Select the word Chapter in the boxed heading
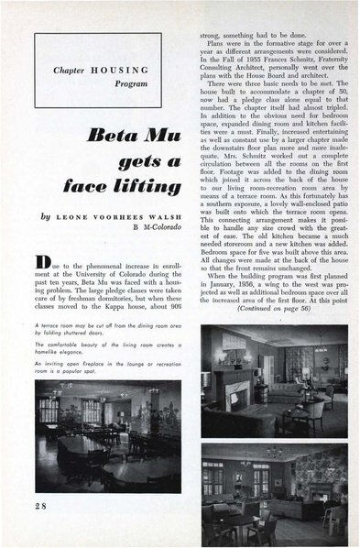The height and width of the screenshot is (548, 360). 73,69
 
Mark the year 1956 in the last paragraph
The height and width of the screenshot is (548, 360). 237,282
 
